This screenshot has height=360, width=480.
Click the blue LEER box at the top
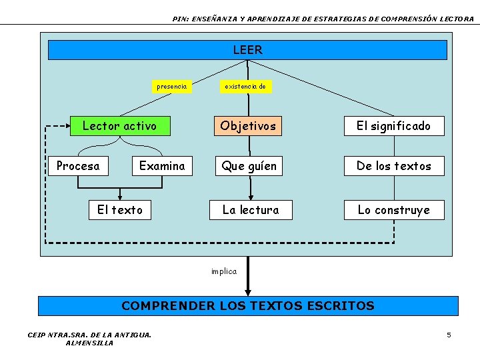[247, 50]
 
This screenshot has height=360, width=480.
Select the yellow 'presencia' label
[171, 86]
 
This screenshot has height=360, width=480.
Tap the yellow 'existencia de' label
[245, 86]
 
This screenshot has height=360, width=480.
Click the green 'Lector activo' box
[120, 125]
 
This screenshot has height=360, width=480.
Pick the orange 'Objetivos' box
[248, 125]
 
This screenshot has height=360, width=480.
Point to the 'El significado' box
[393, 125]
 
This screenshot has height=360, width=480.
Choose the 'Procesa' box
[78, 166]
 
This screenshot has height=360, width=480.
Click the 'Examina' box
[162, 166]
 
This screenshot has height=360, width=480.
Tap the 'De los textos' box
[393, 166]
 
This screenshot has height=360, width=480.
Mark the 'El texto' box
[120, 210]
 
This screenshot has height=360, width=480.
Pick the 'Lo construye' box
[393, 210]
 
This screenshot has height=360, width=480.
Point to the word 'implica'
[224, 271]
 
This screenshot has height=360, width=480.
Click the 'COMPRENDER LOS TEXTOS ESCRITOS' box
[248, 306]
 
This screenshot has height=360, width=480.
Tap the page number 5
[449, 335]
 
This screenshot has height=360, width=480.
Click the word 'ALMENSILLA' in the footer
[90, 343]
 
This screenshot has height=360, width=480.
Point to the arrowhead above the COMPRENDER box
[248, 291]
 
